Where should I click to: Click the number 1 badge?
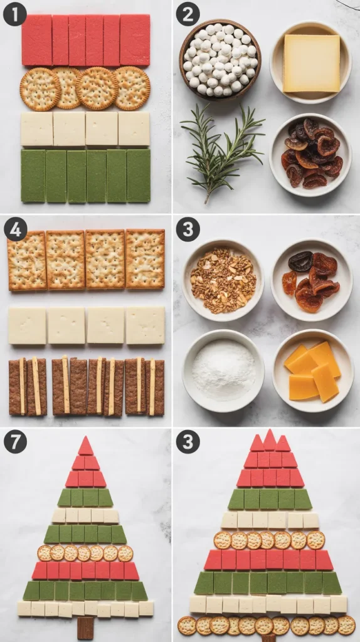tap(15, 14)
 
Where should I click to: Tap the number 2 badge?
tap(188, 14)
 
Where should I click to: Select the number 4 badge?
tap(16, 229)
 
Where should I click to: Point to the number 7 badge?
tap(15, 442)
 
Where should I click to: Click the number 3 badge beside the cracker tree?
tap(188, 442)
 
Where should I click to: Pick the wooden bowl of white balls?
tap(220, 60)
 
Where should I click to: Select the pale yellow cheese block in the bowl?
tap(311, 63)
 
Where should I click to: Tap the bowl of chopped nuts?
tap(223, 280)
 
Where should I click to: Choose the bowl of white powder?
tap(223, 371)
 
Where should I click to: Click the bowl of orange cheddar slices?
tap(313, 371)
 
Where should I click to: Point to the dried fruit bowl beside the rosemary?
tap(310, 154)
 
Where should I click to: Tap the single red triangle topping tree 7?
tap(85, 446)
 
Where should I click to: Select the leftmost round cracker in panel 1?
tap(40, 89)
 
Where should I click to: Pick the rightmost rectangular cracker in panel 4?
tap(146, 259)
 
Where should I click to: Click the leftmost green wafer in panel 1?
tap(33, 176)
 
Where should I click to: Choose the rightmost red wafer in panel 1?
tap(135, 40)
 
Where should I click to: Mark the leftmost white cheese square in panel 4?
tap(28, 326)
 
